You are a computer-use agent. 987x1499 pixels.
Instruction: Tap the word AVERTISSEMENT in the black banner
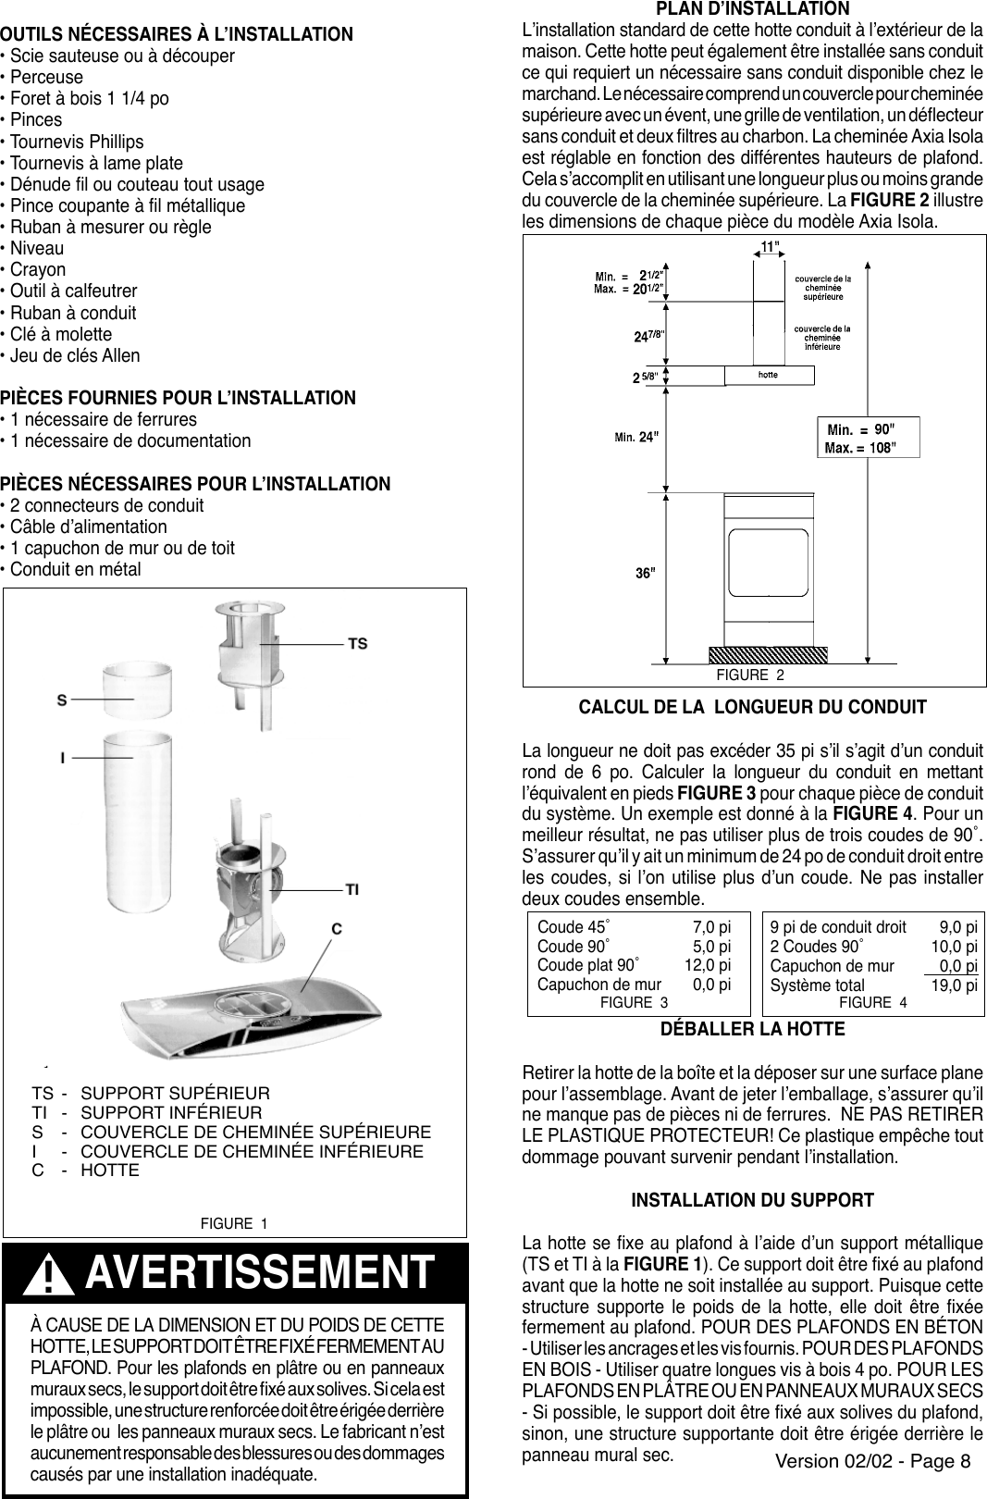[x=259, y=1273]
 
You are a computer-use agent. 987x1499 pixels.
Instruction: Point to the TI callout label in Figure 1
[x=353, y=890]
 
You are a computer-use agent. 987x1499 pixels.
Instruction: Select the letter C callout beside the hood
[x=338, y=927]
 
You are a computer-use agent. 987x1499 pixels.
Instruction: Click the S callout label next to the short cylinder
[x=63, y=700]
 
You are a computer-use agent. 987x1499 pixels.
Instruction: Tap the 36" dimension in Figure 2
[x=646, y=573]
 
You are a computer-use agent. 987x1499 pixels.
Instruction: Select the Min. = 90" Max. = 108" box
[x=861, y=438]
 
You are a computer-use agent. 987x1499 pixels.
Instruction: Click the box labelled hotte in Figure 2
[x=769, y=375]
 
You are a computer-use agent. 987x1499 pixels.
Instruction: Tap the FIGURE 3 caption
[x=635, y=1002]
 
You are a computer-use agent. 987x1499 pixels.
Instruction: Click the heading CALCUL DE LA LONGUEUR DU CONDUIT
[x=752, y=708]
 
